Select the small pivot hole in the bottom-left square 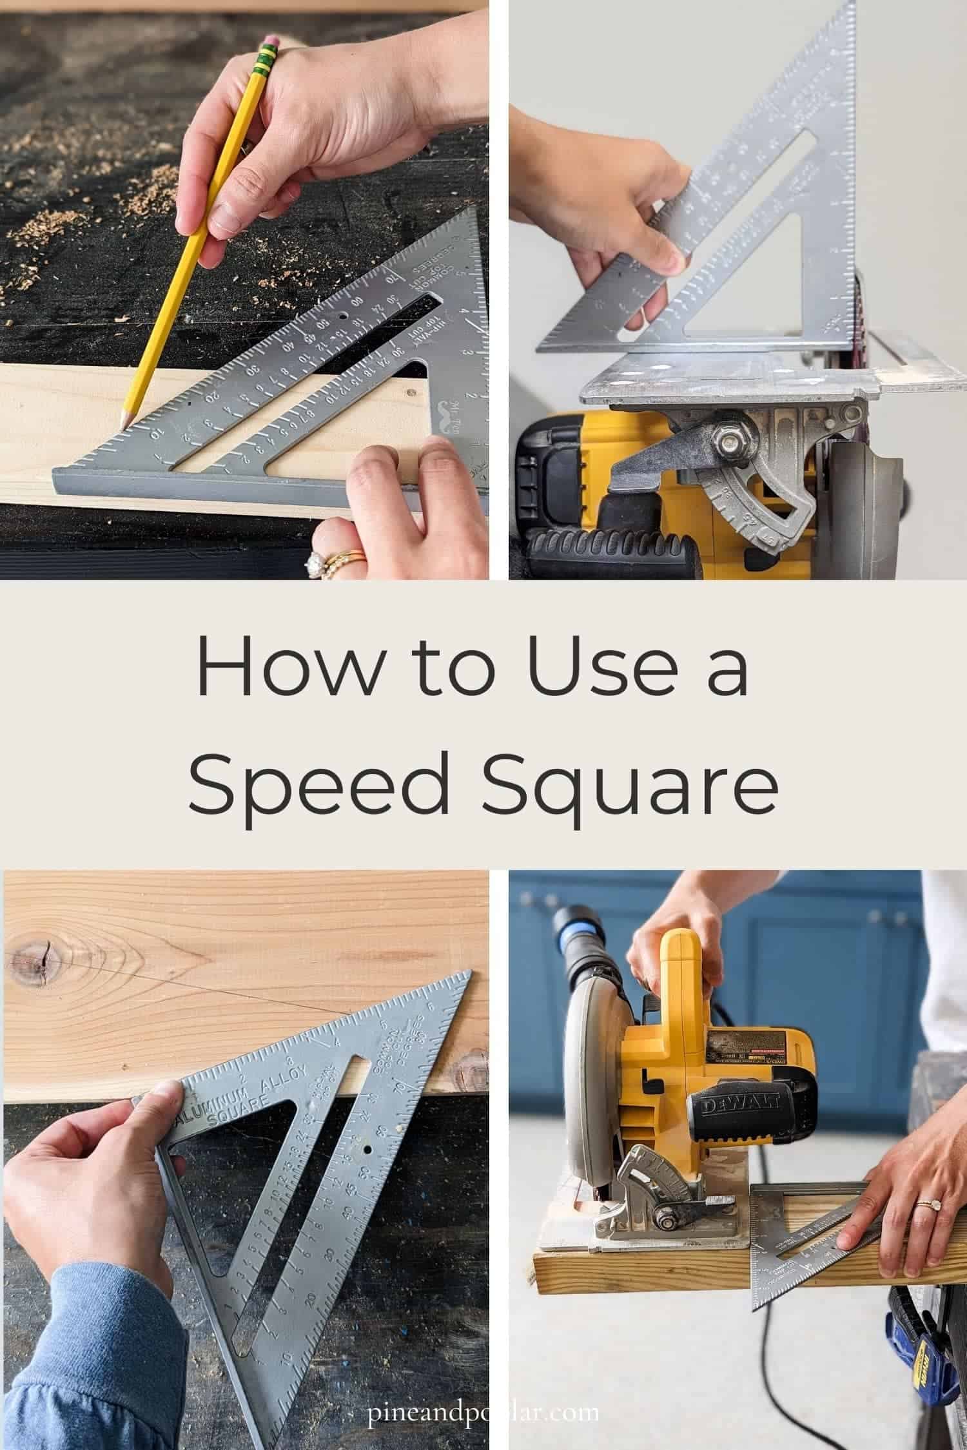pyautogui.click(x=368, y=1149)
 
